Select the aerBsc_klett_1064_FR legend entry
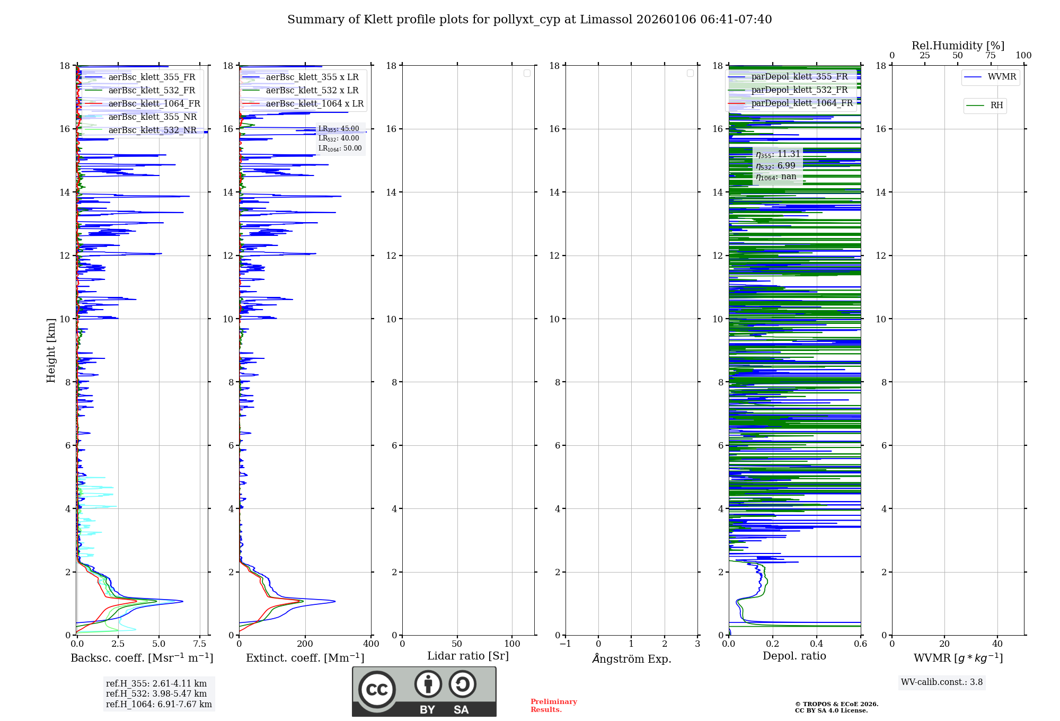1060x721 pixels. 154,104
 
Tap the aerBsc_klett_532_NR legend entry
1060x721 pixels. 152,130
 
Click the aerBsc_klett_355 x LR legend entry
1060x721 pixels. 312,77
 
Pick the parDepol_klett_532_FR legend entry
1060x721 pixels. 799,90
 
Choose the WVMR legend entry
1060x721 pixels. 1002,77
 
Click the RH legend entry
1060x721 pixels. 996,105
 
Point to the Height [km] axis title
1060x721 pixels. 51,350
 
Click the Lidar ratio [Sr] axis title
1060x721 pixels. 468,656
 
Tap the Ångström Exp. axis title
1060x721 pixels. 631,658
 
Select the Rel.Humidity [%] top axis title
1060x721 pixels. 958,46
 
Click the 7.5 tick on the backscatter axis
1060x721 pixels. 200,644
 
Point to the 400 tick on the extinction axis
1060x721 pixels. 371,644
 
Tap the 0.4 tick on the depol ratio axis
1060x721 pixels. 817,644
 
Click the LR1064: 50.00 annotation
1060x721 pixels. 340,148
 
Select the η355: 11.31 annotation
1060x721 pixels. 778,154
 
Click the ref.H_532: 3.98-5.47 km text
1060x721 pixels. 156,694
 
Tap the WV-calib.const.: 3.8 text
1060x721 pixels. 942,682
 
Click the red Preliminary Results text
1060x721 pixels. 553,706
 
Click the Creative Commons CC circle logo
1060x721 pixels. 377,690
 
